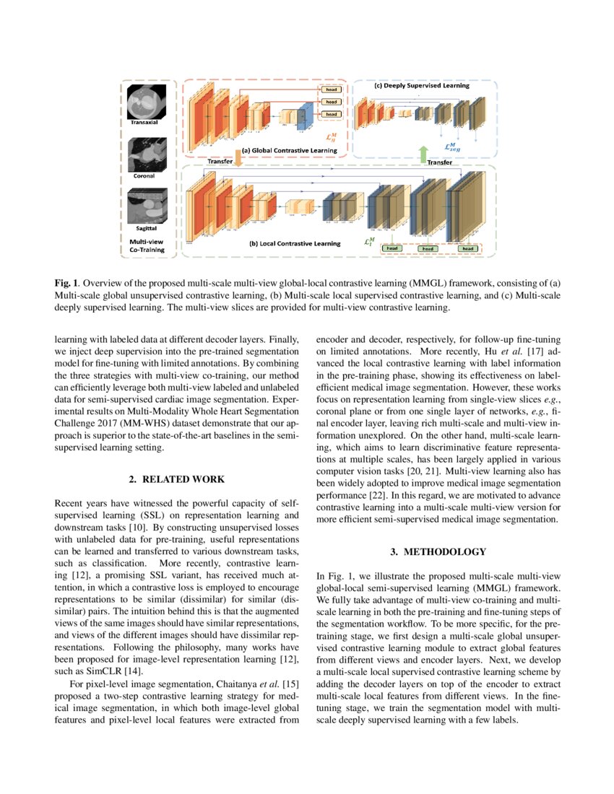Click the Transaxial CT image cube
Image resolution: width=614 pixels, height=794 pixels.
tap(147, 102)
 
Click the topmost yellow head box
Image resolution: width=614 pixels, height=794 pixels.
tap(330, 90)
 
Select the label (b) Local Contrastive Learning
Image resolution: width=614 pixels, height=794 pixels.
tap(294, 243)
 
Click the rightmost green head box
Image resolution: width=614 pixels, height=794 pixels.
tap(469, 248)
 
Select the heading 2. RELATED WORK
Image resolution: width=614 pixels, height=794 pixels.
tap(177, 479)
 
